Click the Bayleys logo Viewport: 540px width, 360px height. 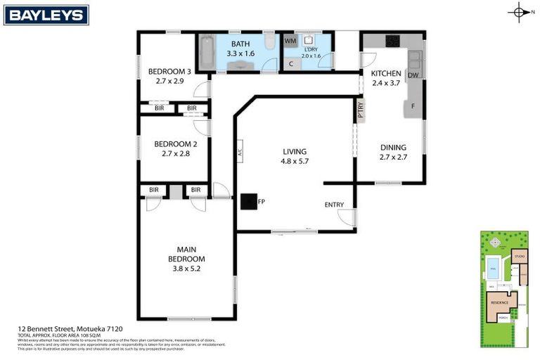pos(46,15)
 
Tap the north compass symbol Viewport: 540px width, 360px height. pos(519,12)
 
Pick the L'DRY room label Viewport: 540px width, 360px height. pos(310,52)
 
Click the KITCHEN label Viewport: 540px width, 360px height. pos(386,73)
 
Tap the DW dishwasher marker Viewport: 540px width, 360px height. pos(413,75)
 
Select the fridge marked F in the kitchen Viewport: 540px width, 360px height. pos(413,107)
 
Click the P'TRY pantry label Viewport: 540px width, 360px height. pos(361,110)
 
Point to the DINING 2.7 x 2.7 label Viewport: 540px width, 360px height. pos(393,152)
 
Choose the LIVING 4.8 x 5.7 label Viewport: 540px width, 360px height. pos(295,155)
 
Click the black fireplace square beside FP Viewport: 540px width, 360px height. pos(249,202)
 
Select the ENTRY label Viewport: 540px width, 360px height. pos(334,205)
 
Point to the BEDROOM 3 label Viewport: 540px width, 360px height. pos(169,75)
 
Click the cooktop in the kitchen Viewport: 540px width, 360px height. pos(392,42)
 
